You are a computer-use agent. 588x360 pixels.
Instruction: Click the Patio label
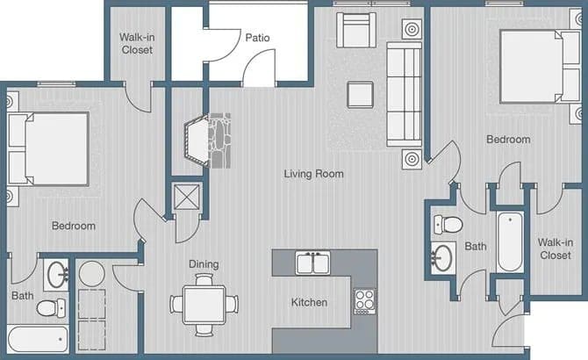point(257,38)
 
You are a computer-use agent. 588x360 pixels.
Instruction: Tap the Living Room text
point(313,174)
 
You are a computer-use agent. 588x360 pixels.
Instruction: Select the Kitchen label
point(309,303)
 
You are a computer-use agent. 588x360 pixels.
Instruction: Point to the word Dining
point(204,264)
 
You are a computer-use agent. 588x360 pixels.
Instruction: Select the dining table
point(204,304)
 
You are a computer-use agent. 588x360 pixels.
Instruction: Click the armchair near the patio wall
point(355,31)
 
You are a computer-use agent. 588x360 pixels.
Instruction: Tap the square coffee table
point(360,94)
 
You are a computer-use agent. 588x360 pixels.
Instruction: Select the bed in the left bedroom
point(48,148)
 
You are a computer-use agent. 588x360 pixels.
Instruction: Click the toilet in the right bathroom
point(447,223)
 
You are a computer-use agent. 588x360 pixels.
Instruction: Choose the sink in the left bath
point(57,273)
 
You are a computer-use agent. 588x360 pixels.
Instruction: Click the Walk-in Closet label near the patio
point(136,44)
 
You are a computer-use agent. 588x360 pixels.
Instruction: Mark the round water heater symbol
point(92,274)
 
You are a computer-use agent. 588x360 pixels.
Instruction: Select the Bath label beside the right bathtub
point(476,247)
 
